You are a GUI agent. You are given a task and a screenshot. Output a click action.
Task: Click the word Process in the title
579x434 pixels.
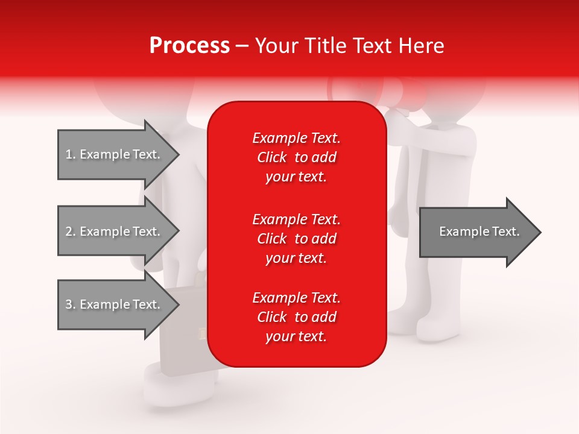pos(189,46)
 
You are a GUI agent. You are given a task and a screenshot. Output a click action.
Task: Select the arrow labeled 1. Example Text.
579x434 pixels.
pos(115,154)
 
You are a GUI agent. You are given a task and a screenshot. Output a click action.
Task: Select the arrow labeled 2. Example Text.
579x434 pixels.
pos(115,231)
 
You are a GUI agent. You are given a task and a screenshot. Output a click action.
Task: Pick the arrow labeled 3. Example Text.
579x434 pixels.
pos(115,304)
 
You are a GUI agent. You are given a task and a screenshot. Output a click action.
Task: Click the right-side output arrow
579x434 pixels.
pos(476,232)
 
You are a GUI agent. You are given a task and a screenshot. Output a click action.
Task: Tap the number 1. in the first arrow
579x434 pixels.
pos(71,155)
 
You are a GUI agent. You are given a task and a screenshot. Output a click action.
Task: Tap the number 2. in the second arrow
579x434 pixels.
pos(71,232)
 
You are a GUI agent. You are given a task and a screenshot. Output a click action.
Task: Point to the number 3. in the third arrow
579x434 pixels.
pos(71,305)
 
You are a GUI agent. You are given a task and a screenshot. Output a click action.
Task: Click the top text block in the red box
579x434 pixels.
pos(296,157)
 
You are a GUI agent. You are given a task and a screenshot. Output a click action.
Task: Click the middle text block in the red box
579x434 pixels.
pos(296,239)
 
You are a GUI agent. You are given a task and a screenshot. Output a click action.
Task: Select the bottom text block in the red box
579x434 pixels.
pos(296,317)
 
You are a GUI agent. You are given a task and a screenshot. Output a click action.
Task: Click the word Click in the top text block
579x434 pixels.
pos(272,157)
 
